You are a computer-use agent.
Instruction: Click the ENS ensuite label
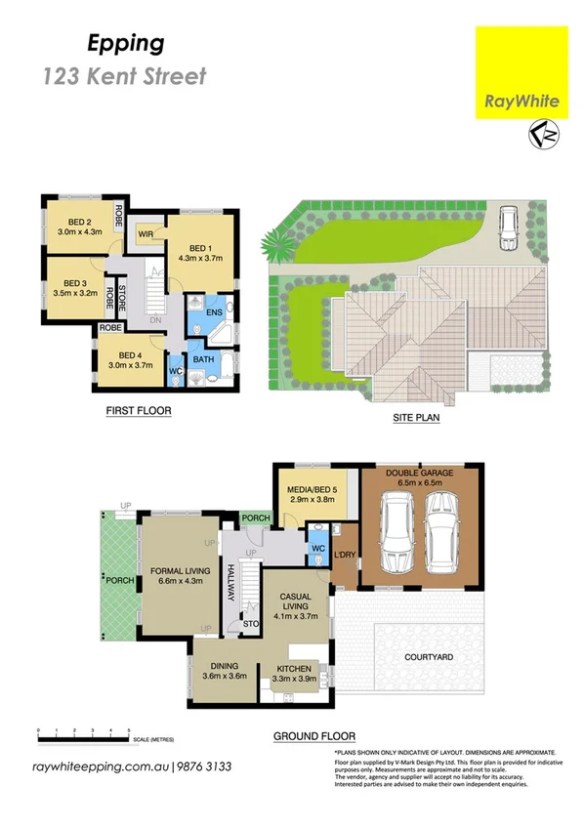click(213, 312)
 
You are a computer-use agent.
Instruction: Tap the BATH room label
click(203, 359)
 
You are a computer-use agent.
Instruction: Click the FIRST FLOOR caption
click(139, 411)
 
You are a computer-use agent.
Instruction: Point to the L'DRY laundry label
click(344, 557)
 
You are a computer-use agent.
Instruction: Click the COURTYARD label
click(429, 657)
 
